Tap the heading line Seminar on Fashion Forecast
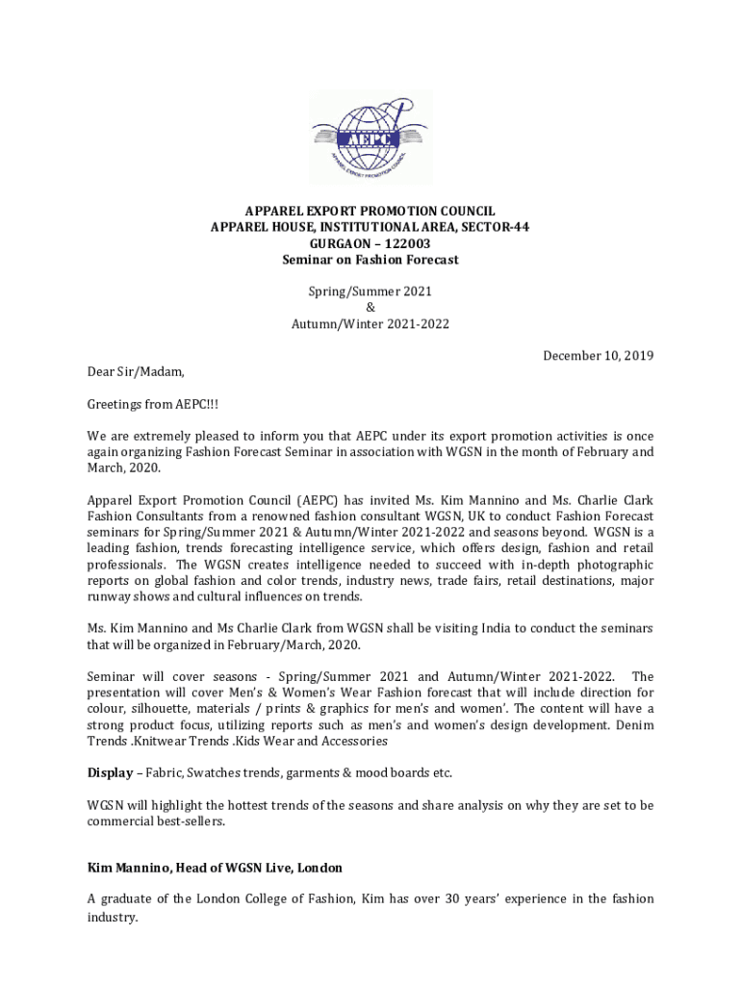click(x=370, y=260)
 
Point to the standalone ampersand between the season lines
click(x=370, y=307)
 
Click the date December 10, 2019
click(x=598, y=356)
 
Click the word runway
click(x=110, y=596)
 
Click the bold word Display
click(x=110, y=772)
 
